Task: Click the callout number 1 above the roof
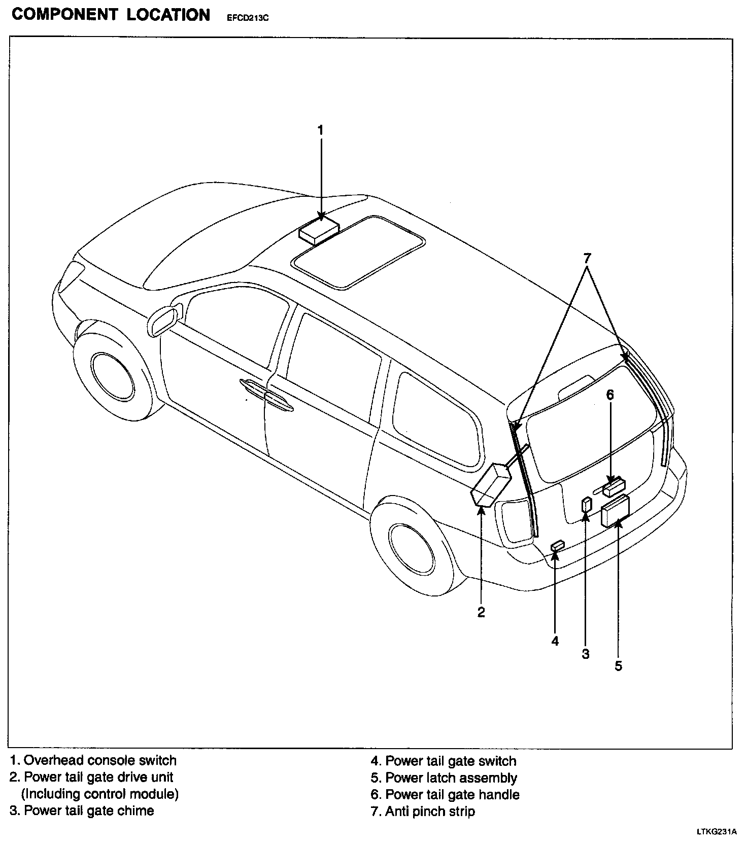pos(320,130)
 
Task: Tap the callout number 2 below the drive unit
pos(481,612)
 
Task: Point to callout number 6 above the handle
pos(610,395)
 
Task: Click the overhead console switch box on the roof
pos(318,231)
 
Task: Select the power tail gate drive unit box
pos(490,486)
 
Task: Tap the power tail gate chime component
pos(586,505)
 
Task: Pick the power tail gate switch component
pos(557,546)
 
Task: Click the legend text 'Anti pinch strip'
pos(430,812)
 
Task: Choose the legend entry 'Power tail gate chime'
pos(89,810)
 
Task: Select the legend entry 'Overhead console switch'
pos(100,760)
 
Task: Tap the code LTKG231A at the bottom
pos(716,832)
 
